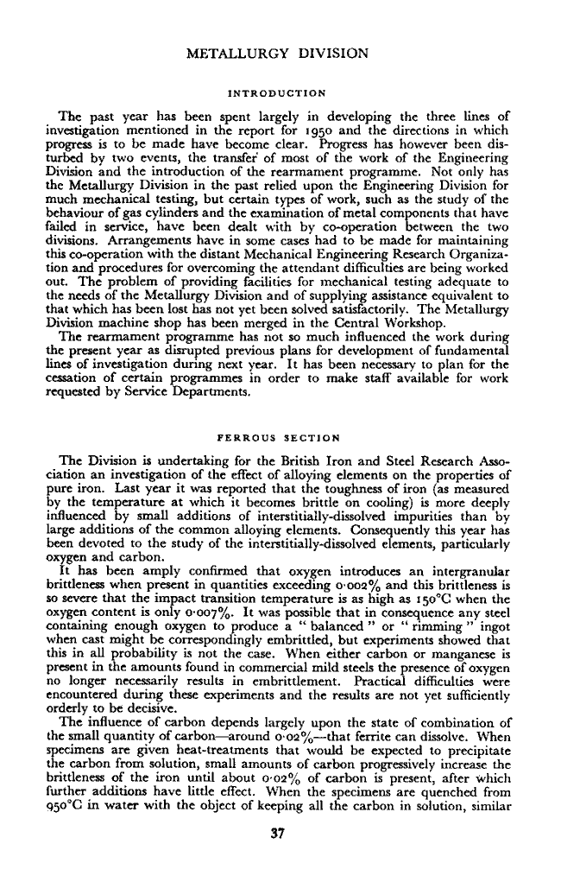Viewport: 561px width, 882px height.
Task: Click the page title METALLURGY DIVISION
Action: [280, 54]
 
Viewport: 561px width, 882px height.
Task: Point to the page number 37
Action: [280, 834]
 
